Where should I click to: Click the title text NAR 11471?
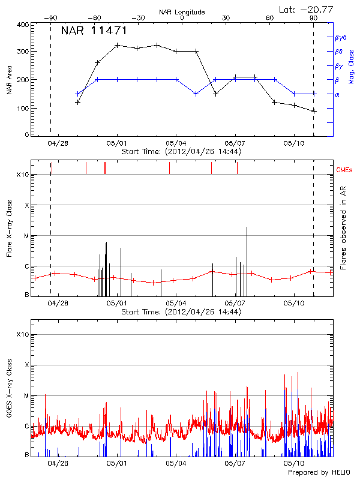[x=94, y=31]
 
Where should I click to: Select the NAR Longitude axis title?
[x=182, y=11]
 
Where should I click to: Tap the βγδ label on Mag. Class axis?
[x=340, y=37]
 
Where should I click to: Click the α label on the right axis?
[x=337, y=94]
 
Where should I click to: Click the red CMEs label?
[x=344, y=170]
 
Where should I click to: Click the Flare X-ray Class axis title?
[x=10, y=227]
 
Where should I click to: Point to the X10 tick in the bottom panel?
[x=22, y=334]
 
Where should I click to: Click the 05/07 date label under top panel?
[x=235, y=143]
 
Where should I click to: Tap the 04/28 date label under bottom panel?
[x=58, y=463]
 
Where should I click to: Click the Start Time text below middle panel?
[x=181, y=312]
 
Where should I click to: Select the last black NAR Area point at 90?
[x=313, y=111]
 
